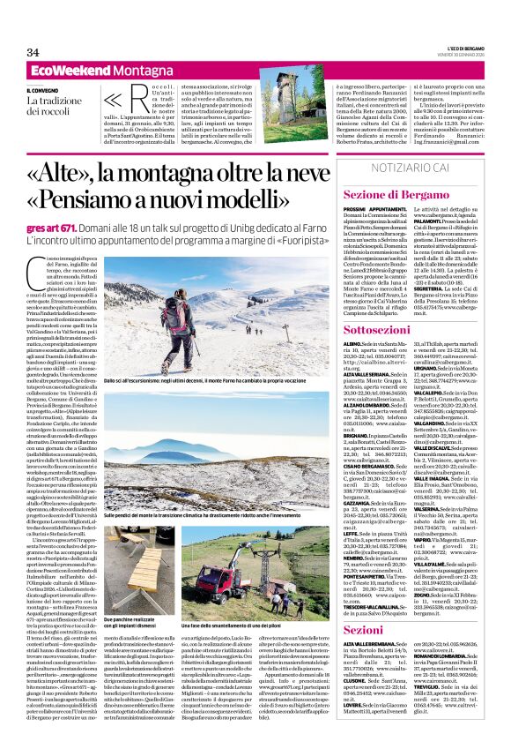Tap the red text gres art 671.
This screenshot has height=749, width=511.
click(x=51, y=226)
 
